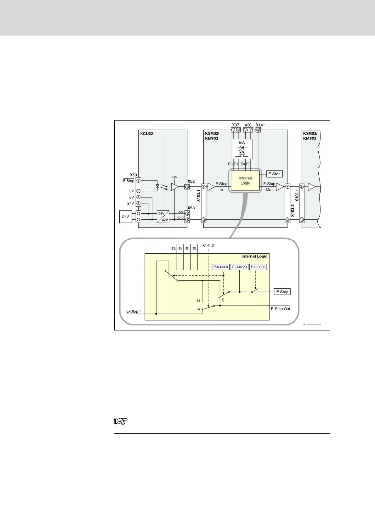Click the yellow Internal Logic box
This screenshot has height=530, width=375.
point(245,181)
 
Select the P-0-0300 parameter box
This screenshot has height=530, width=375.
point(220,267)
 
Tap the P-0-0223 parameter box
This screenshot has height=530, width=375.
point(240,267)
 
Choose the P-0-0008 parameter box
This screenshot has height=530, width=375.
point(258,267)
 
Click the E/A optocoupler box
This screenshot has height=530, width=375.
point(242,149)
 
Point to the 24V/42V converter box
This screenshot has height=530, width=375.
point(163,216)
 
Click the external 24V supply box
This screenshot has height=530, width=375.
point(126,217)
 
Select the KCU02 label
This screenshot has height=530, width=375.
point(146,134)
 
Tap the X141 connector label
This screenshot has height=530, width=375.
point(260,125)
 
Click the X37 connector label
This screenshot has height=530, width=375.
point(236,125)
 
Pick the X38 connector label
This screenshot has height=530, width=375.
point(248,125)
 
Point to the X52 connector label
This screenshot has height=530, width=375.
point(191,181)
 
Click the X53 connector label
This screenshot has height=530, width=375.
point(191,208)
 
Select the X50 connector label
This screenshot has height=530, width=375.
point(133,175)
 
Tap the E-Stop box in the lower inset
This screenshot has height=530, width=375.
point(282,292)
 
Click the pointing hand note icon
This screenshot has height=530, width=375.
point(120,421)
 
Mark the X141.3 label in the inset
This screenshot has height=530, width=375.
point(208,245)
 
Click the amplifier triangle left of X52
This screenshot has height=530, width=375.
point(174,187)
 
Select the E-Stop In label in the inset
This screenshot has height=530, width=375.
point(134,311)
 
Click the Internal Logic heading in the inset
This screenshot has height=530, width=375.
point(254,256)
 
